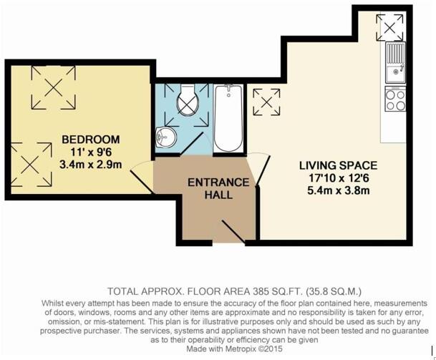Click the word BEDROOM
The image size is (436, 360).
90,139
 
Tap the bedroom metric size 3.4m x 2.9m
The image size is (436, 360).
90,165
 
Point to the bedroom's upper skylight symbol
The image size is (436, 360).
52,89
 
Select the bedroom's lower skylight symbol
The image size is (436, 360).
29,160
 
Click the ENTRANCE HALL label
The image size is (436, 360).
218,188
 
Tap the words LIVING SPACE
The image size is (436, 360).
338,165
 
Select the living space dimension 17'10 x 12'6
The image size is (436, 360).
338,178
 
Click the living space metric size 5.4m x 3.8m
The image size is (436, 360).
338,191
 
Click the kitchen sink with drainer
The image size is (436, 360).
395,62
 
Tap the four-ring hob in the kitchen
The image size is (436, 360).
395,98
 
